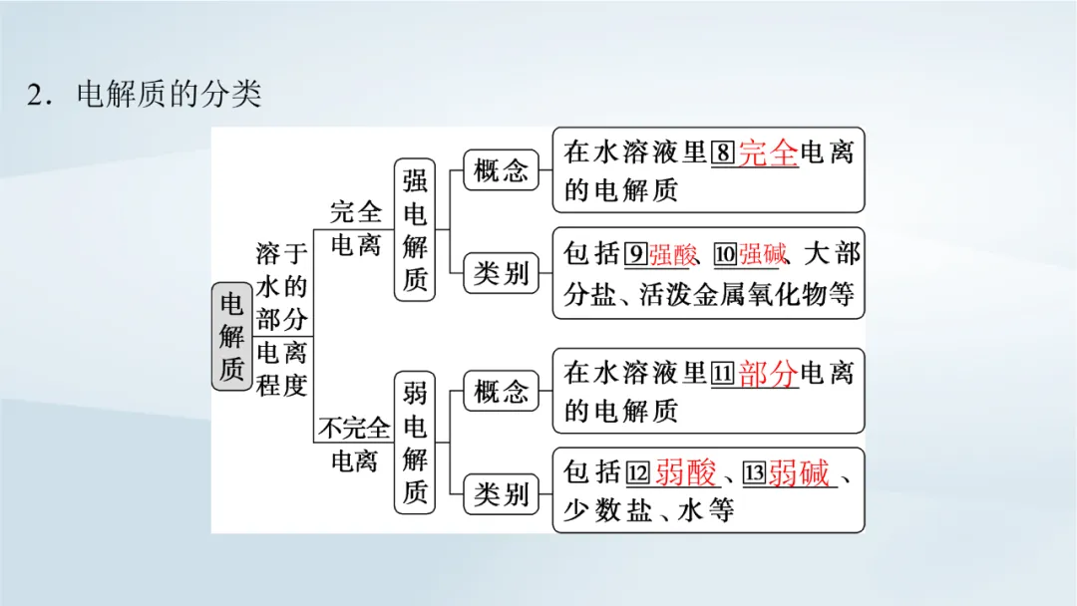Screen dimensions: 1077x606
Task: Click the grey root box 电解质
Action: pos(231,336)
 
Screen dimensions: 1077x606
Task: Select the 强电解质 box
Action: pos(415,229)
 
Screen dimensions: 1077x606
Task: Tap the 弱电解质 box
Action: pos(415,442)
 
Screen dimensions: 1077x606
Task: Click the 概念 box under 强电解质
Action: pos(501,170)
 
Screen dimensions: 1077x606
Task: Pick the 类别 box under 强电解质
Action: pos(501,272)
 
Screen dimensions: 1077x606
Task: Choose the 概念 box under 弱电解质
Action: pos(501,392)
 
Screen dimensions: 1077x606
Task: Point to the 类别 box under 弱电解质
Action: pos(501,492)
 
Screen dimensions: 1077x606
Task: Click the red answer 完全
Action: pos(769,152)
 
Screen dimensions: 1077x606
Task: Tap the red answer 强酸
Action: pos(673,255)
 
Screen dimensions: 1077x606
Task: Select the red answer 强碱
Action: pos(763,255)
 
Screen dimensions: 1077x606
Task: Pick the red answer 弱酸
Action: pos(686,474)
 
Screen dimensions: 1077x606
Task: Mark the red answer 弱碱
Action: pos(800,474)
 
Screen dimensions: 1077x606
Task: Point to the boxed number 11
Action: pos(724,374)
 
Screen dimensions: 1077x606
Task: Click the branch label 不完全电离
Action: pos(354,445)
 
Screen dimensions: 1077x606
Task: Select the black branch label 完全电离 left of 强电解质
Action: pos(356,227)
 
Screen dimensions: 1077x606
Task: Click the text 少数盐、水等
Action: pos(648,510)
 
